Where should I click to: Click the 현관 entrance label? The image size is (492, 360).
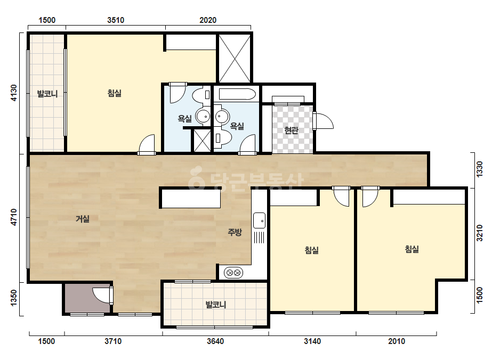[x=291, y=130]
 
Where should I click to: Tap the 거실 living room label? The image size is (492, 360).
[x=83, y=219]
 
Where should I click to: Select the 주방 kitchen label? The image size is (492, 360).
[x=235, y=232]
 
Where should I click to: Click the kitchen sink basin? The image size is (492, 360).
[x=259, y=220]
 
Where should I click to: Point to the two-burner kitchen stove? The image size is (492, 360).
[x=234, y=273]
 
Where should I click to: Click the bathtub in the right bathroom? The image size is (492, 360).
[x=237, y=94]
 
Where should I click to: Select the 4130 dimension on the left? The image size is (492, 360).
[x=14, y=93]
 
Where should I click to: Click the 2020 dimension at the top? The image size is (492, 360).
[x=208, y=20]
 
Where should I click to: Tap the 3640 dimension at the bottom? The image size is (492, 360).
[x=215, y=341]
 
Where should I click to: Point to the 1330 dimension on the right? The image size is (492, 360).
[x=479, y=169]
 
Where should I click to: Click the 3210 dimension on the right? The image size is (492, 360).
[x=479, y=233]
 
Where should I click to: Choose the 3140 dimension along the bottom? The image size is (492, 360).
[x=312, y=341]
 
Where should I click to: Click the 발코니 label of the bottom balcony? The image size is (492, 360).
[x=216, y=305]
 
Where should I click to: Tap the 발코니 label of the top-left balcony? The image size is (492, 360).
[x=47, y=94]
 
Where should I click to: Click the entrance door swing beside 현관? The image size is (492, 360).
[x=323, y=121]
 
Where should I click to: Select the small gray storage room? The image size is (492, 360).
[x=87, y=298]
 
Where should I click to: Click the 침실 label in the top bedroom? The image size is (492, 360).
[x=115, y=93]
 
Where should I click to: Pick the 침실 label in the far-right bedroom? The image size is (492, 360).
[x=412, y=249]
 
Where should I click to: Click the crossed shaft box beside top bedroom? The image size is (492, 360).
[x=235, y=59]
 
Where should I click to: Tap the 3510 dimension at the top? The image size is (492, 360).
[x=116, y=20]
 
